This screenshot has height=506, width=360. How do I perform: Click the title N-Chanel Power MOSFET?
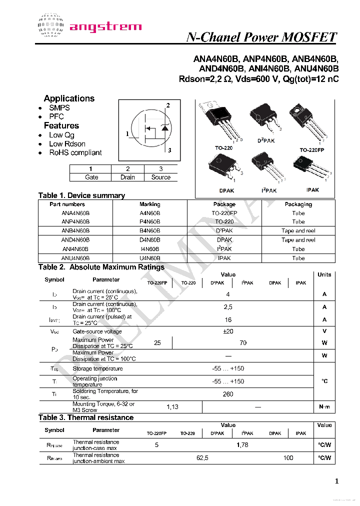click(x=261, y=37)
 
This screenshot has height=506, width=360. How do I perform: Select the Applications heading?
click(x=69, y=98)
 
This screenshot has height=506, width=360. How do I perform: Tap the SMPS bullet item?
click(x=59, y=107)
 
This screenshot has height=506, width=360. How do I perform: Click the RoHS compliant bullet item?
click(x=75, y=152)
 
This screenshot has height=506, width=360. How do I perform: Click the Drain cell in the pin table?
click(x=127, y=177)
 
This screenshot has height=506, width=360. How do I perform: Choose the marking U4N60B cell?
click(x=149, y=258)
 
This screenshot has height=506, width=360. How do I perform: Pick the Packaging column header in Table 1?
click(x=298, y=204)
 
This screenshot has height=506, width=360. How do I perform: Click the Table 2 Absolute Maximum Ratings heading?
click(x=101, y=267)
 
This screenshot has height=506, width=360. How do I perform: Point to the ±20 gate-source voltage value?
click(x=228, y=331)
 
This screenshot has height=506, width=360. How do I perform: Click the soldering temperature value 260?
click(x=228, y=394)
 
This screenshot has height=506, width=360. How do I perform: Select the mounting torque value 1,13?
click(x=172, y=407)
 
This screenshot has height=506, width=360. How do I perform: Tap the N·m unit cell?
click(x=324, y=407)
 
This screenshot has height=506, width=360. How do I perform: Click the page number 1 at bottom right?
click(x=336, y=481)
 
